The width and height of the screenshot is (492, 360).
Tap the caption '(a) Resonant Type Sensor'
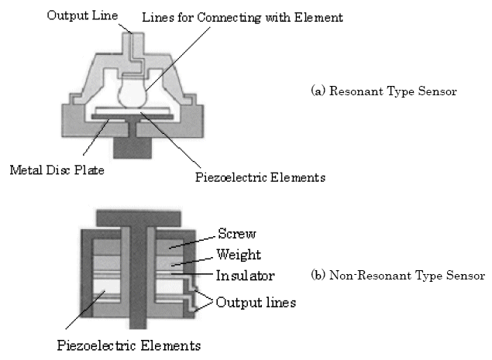pos(384,91)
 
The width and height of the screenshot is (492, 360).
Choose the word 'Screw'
pos(236,233)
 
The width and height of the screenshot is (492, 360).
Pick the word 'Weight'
pos(239,255)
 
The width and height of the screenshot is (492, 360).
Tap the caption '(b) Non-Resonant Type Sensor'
pos(397,275)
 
